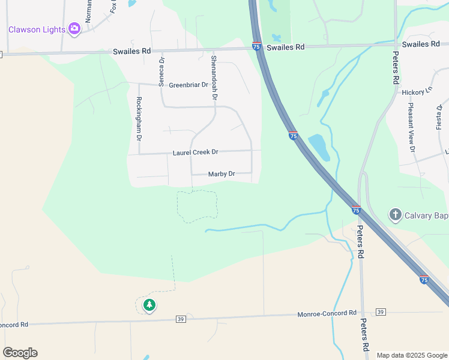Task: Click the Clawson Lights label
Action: point(37,29)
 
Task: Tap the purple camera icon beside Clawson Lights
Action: point(74,28)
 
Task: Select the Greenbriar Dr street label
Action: point(188,85)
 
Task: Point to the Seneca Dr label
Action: point(161,72)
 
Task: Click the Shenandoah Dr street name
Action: point(214,77)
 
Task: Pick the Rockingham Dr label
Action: point(139,118)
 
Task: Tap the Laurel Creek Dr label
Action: point(195,152)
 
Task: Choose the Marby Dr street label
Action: point(221,175)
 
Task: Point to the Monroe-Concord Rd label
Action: point(327,314)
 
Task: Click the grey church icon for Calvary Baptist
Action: point(395,214)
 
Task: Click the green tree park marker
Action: point(149,305)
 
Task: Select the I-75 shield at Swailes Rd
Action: point(256,46)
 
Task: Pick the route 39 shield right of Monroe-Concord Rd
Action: point(380,312)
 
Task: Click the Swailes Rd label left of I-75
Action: point(132,52)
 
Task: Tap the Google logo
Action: point(20,353)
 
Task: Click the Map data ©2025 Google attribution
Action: point(412,355)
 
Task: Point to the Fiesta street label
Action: point(439,116)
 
